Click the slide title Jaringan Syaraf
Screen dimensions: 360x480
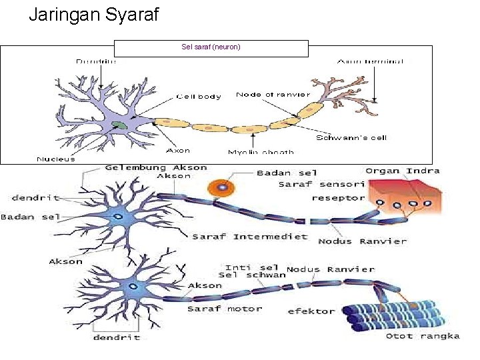[94, 14]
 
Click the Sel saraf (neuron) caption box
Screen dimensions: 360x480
[211, 47]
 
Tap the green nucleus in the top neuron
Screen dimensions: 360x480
[119, 125]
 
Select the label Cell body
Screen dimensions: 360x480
[199, 96]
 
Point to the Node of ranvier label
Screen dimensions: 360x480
[273, 95]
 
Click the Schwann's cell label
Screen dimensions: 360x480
[351, 138]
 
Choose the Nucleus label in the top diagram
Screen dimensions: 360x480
[56, 159]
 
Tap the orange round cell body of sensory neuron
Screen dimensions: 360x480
[219, 189]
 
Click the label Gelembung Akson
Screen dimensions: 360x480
[156, 168]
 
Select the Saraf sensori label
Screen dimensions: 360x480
[321, 184]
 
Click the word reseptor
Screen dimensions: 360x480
[338, 198]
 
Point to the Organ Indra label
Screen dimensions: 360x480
[402, 171]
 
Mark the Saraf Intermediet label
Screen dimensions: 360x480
[250, 236]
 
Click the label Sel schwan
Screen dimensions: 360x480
[252, 275]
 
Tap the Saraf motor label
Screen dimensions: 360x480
[224, 309]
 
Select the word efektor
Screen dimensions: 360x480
[311, 311]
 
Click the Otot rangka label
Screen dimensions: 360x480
[423, 336]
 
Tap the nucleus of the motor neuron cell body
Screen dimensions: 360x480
[133, 287]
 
